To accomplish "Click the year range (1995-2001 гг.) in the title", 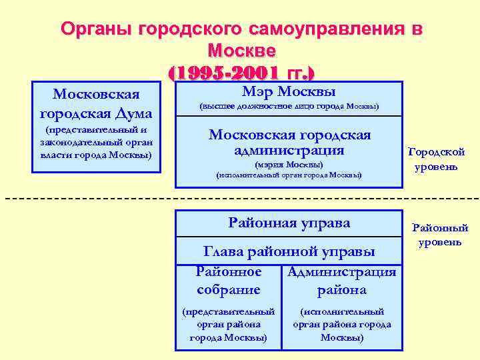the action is pyautogui.click(x=242, y=71).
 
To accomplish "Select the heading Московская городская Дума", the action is pyautogui.click(x=96, y=103).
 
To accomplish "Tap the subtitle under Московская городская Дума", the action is pyautogui.click(x=96, y=143).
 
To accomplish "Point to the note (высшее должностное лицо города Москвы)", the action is pyautogui.click(x=289, y=107).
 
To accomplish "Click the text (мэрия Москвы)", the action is pyautogui.click(x=289, y=164).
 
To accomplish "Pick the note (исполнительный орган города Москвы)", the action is pyautogui.click(x=289, y=175).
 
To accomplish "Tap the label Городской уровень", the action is pyautogui.click(x=436, y=159).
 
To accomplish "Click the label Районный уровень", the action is pyautogui.click(x=440, y=235).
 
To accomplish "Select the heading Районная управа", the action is pyautogui.click(x=289, y=223).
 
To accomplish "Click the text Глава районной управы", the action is pyautogui.click(x=289, y=251).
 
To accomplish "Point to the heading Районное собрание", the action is pyautogui.click(x=229, y=281).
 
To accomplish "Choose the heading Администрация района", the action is pyautogui.click(x=342, y=281).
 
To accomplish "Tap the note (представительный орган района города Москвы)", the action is pyautogui.click(x=229, y=324).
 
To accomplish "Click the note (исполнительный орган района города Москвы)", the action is pyautogui.click(x=342, y=324).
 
